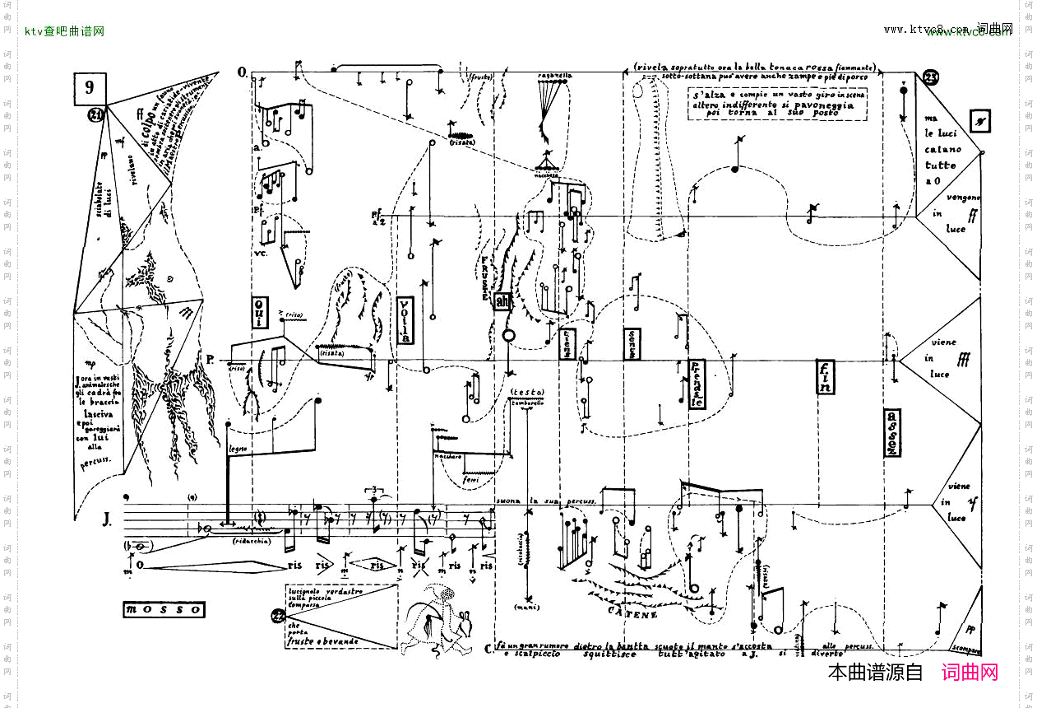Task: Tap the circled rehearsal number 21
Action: pyautogui.click(x=97, y=115)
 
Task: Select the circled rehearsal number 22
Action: pyautogui.click(x=278, y=616)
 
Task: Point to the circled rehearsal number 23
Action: pyautogui.click(x=931, y=78)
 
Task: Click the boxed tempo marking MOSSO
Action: pyautogui.click(x=163, y=610)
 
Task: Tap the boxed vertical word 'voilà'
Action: pyautogui.click(x=405, y=319)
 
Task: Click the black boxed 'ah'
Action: pyautogui.click(x=502, y=303)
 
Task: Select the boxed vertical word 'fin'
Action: pyautogui.click(x=825, y=377)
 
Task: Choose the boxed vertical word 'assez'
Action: pyautogui.click(x=893, y=432)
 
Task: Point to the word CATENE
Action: pyautogui.click(x=632, y=614)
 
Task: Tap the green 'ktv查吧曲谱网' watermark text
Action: pyautogui.click(x=64, y=31)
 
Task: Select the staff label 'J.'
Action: pyautogui.click(x=108, y=519)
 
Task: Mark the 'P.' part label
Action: pyautogui.click(x=211, y=360)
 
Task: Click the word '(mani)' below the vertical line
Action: pyautogui.click(x=526, y=608)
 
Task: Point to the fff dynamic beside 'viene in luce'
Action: pyautogui.click(x=963, y=361)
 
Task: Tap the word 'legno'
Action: pyautogui.click(x=238, y=448)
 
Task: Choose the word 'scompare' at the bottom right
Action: pyautogui.click(x=964, y=646)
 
